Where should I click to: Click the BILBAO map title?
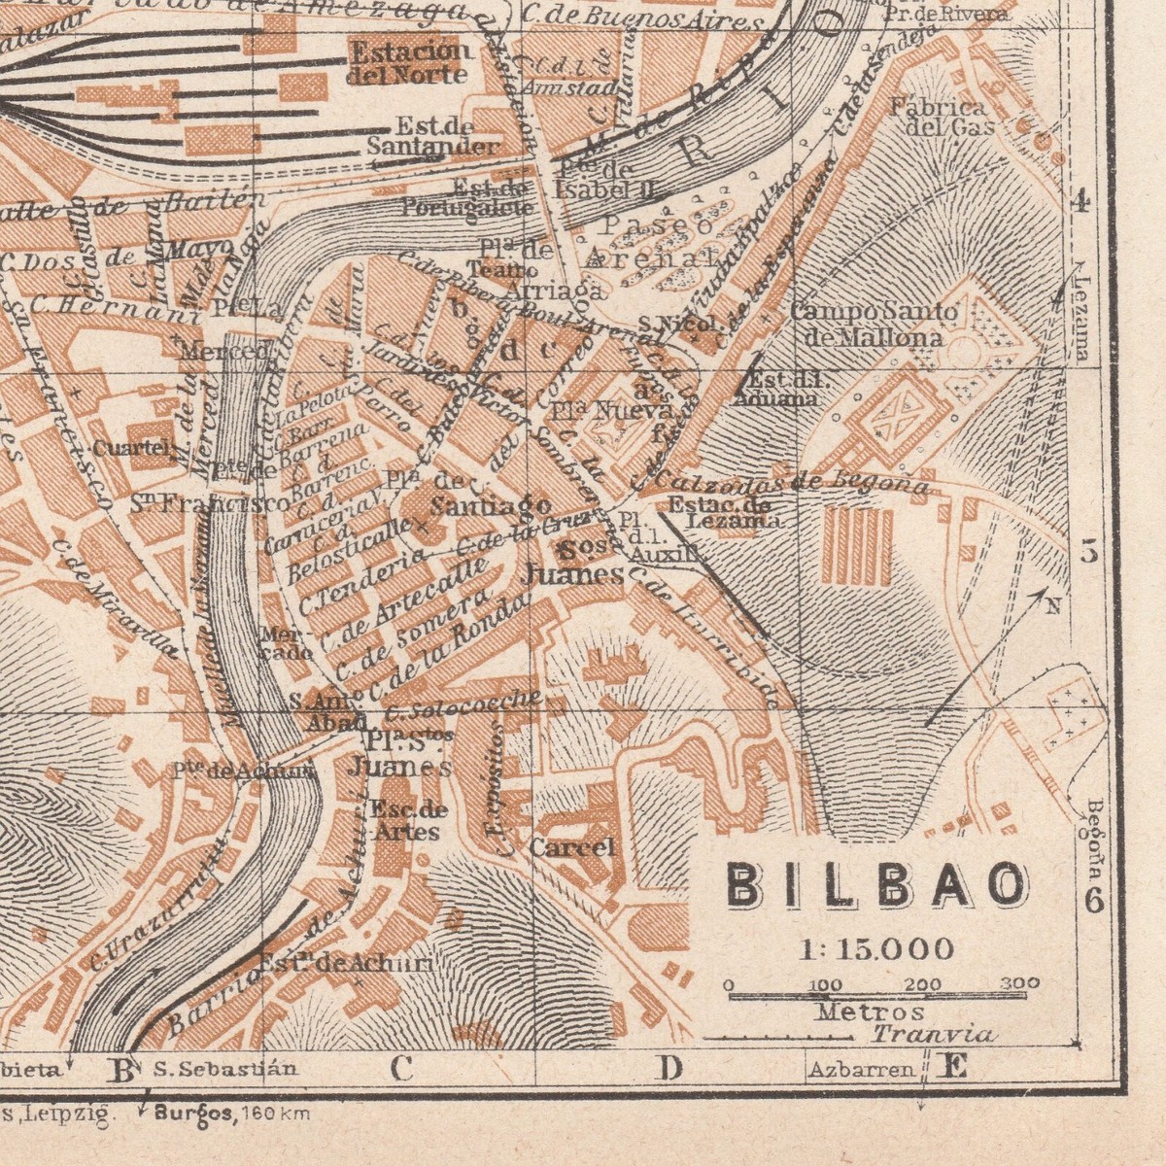(877, 885)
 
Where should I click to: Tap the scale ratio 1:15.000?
(876, 947)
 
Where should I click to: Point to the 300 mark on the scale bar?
(1018, 983)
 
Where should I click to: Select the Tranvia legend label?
(932, 1035)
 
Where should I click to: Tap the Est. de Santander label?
(433, 137)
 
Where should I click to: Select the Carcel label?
(572, 847)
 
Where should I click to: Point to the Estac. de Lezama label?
(721, 512)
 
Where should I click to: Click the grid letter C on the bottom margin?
(401, 1069)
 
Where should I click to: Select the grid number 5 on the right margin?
(1089, 553)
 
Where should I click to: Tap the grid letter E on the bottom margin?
(954, 1068)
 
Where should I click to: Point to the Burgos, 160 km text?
(232, 1114)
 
